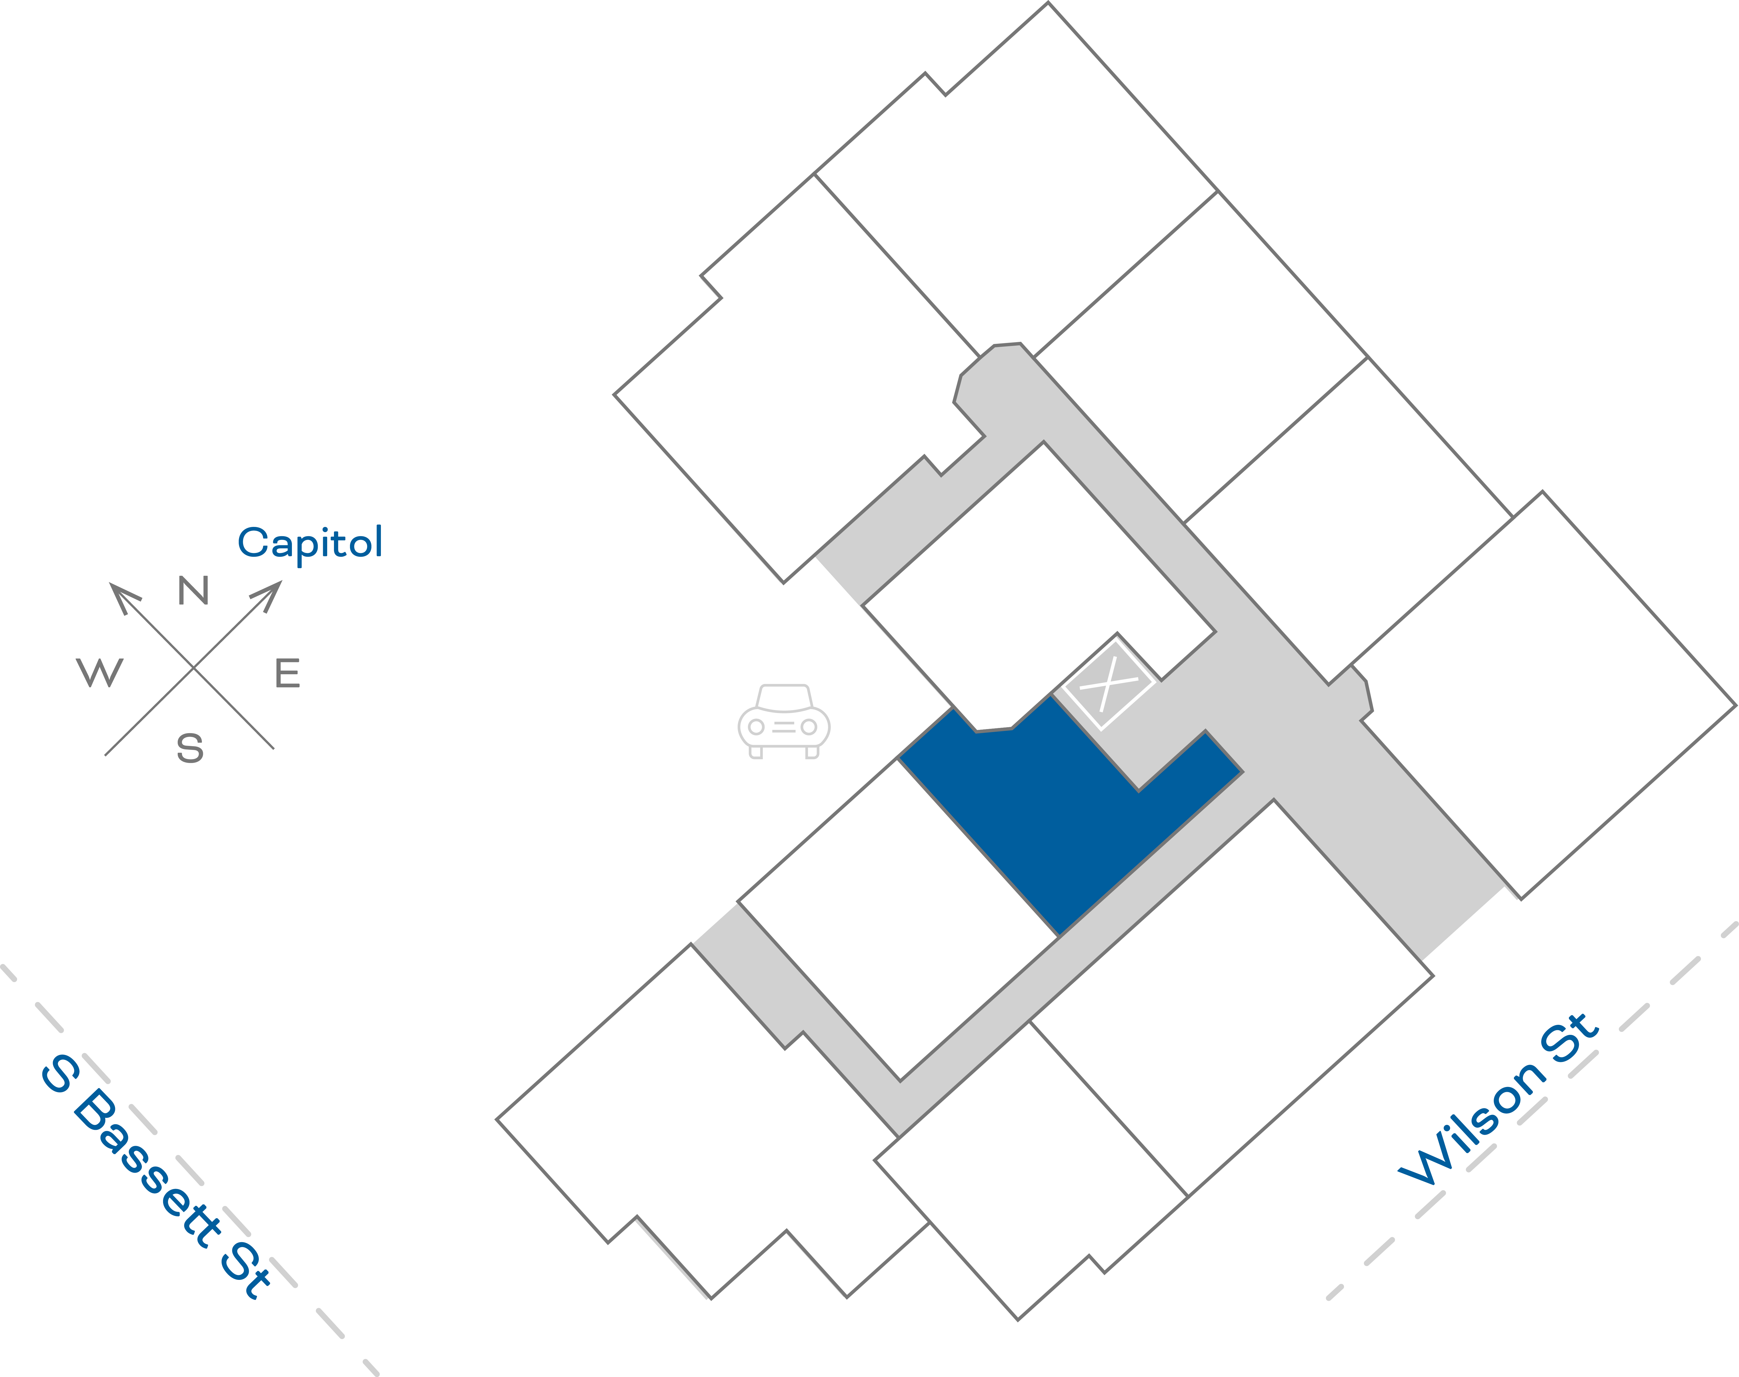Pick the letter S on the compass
coord(190,748)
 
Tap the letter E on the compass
coord(288,673)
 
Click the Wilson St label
coord(1498,1101)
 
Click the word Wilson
coord(1471,1125)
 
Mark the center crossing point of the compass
coord(193,667)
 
